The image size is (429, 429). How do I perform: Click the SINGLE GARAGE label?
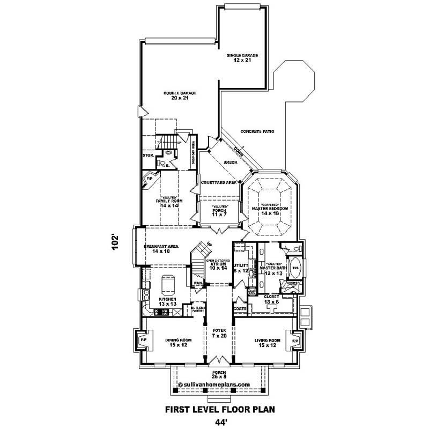coord(242,57)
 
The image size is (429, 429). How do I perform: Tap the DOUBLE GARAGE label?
coord(180,95)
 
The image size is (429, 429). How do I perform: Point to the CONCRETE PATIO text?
coord(258,131)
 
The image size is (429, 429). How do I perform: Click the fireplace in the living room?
coord(294,340)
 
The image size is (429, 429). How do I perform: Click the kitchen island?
coord(168,283)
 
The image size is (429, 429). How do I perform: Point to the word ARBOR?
coord(231,162)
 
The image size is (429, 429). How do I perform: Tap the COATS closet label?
coord(239,309)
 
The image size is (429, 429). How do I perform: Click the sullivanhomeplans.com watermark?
coord(217,384)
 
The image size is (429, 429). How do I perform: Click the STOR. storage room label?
coord(148,156)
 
